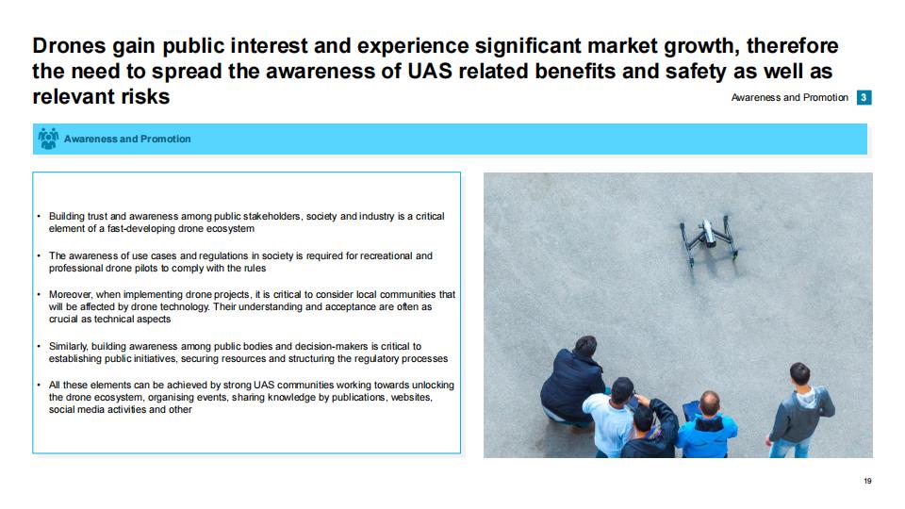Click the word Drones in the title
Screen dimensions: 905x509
tap(69, 45)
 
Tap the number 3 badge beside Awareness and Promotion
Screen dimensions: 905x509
tap(864, 97)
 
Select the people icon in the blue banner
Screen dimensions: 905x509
tap(48, 139)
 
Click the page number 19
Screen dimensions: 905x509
tap(867, 481)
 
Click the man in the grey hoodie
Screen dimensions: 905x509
tap(800, 410)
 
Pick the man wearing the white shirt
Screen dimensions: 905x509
tap(612, 417)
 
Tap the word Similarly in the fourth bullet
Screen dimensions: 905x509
tap(68, 346)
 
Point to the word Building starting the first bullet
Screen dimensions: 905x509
tap(66, 217)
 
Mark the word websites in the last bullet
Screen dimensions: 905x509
tap(412, 397)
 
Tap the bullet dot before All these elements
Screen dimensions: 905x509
tap(39, 385)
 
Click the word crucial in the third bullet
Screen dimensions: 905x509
tap(63, 320)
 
